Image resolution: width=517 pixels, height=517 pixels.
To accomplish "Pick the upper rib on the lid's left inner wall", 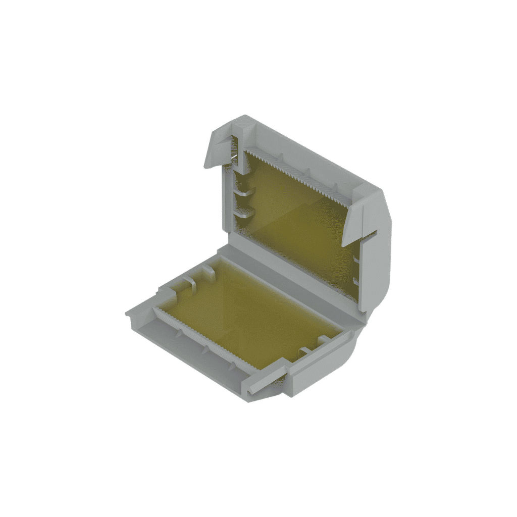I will pyautogui.click(x=244, y=192).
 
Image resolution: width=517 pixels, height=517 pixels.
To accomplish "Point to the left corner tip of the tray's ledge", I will pyautogui.click(x=127, y=314).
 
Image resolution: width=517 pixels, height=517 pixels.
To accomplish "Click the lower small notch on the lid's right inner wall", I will pyautogui.click(x=356, y=279).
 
